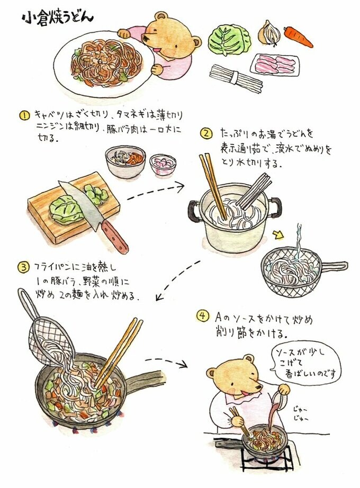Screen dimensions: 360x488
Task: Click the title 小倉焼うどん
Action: point(58,19)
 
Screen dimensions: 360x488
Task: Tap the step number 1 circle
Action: point(24,116)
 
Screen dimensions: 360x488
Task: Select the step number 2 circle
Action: point(206,133)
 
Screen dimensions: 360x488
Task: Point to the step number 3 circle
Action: point(23,267)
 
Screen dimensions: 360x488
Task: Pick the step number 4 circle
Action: point(202,316)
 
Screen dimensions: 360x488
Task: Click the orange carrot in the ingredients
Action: point(298,37)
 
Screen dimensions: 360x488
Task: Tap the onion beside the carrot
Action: point(269,33)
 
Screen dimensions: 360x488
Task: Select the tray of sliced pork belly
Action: point(275,65)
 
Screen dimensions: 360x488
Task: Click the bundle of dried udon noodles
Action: point(236,78)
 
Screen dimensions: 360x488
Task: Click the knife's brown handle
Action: point(115,237)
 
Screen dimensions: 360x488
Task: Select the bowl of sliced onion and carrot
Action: point(125,161)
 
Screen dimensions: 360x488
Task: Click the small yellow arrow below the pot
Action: point(278,234)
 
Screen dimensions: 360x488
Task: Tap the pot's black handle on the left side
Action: point(194,211)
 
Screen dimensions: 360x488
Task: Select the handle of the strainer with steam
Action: point(334,266)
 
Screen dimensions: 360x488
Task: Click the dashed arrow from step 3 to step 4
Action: point(166,362)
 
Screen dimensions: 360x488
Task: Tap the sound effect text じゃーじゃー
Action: point(301,413)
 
